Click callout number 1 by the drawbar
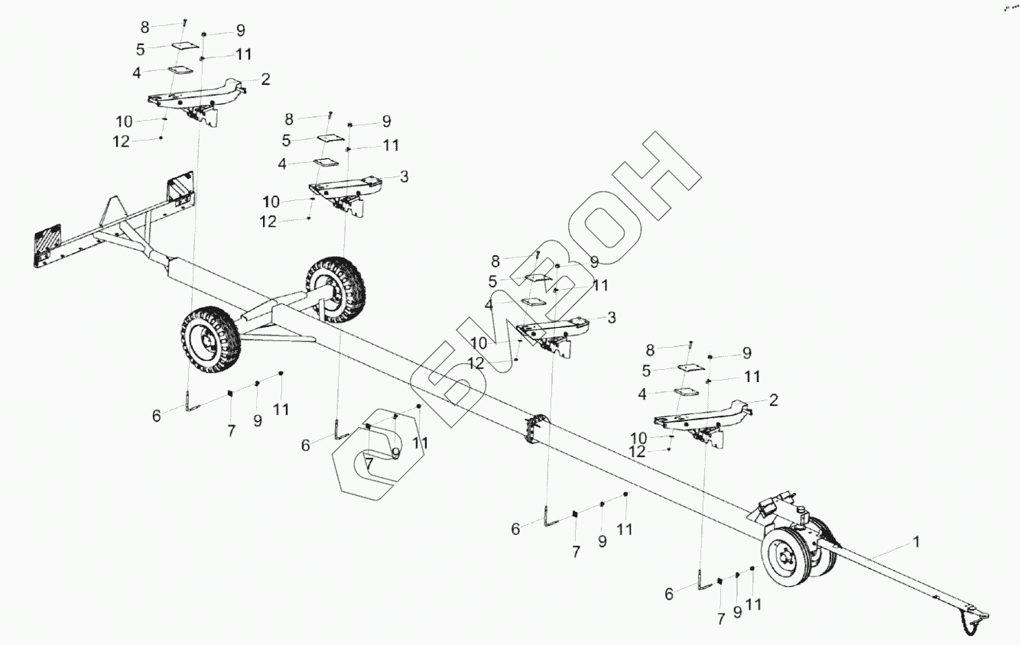point(914,542)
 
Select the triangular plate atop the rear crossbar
point(114,209)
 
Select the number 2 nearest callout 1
point(774,400)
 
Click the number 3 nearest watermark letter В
point(612,316)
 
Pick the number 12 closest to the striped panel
point(121,141)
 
